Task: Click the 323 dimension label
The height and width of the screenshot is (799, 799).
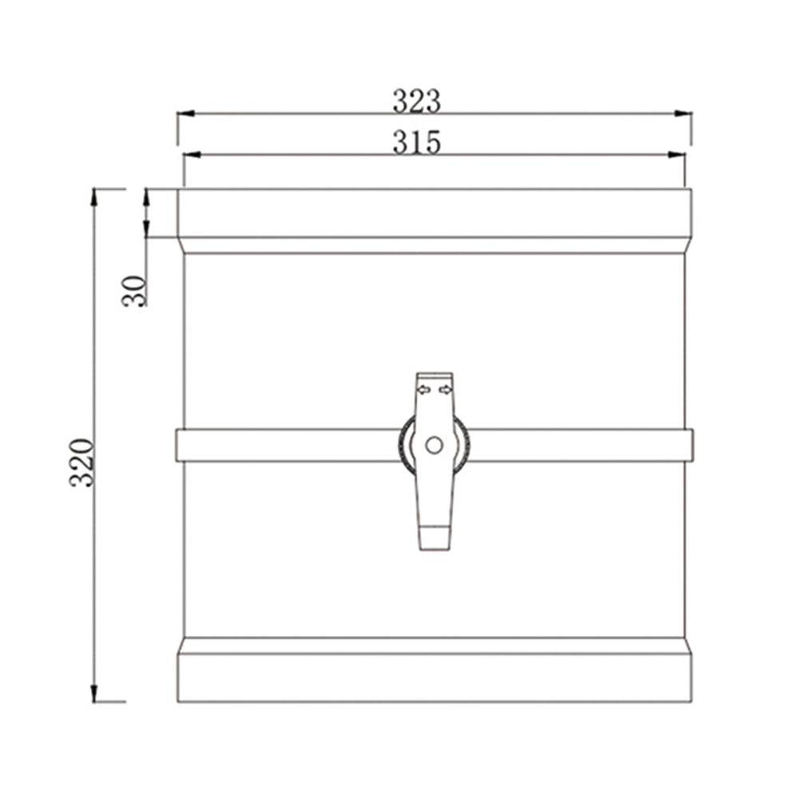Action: click(416, 101)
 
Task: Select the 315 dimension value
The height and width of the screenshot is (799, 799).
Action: click(416, 142)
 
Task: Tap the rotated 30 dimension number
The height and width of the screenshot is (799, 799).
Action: click(135, 291)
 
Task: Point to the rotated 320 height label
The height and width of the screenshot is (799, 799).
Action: click(82, 463)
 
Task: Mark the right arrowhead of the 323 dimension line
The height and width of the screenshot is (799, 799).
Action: click(683, 113)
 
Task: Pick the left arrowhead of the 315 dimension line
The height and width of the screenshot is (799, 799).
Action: click(192, 154)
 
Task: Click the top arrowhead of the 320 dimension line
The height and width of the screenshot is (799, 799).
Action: click(94, 197)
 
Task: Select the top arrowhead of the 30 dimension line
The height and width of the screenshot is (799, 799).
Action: click(146, 197)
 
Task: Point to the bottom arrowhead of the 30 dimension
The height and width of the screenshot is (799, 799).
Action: click(146, 230)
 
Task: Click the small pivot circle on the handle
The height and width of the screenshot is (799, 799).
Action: click(434, 445)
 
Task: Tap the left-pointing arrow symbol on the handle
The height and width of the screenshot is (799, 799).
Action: click(423, 390)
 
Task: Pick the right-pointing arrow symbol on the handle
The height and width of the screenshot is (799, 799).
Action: click(445, 390)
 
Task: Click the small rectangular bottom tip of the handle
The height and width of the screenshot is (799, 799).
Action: click(435, 537)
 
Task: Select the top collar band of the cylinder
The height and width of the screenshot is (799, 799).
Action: click(434, 213)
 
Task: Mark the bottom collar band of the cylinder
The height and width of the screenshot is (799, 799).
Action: click(434, 678)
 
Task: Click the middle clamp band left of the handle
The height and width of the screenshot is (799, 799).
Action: click(288, 445)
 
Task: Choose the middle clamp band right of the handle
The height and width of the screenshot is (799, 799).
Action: click(579, 445)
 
